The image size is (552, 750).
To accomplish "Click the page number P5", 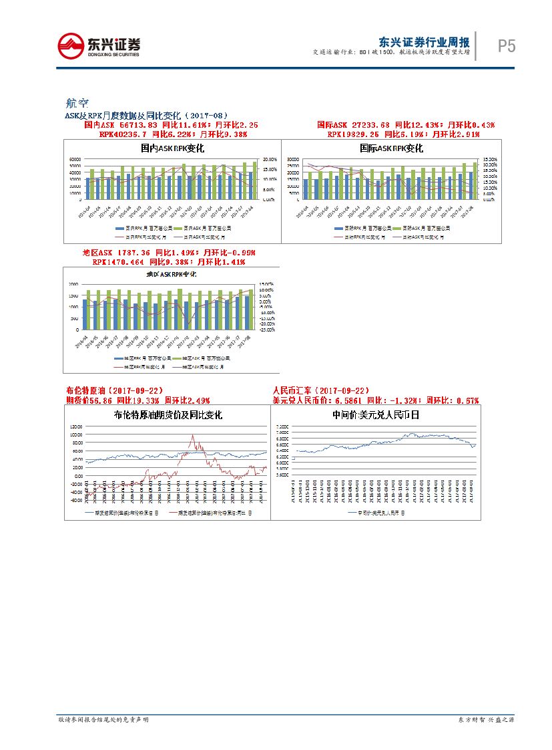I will tap(507, 46).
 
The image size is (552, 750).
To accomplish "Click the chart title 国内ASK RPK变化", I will tap(172, 148).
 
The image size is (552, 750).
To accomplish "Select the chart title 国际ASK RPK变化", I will tap(390, 148).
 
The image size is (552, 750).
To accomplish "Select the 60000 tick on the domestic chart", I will tap(75, 159).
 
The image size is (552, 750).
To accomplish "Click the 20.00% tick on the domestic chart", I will tap(270, 159).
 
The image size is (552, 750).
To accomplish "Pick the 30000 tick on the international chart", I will tap(292, 160).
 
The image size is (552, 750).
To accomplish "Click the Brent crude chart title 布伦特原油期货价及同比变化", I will tap(168, 414).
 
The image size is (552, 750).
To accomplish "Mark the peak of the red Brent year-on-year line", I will tap(192, 436).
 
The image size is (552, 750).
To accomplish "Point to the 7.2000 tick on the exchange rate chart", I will tap(281, 426).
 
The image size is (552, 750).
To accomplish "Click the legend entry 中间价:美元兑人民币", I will tap(379, 513).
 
